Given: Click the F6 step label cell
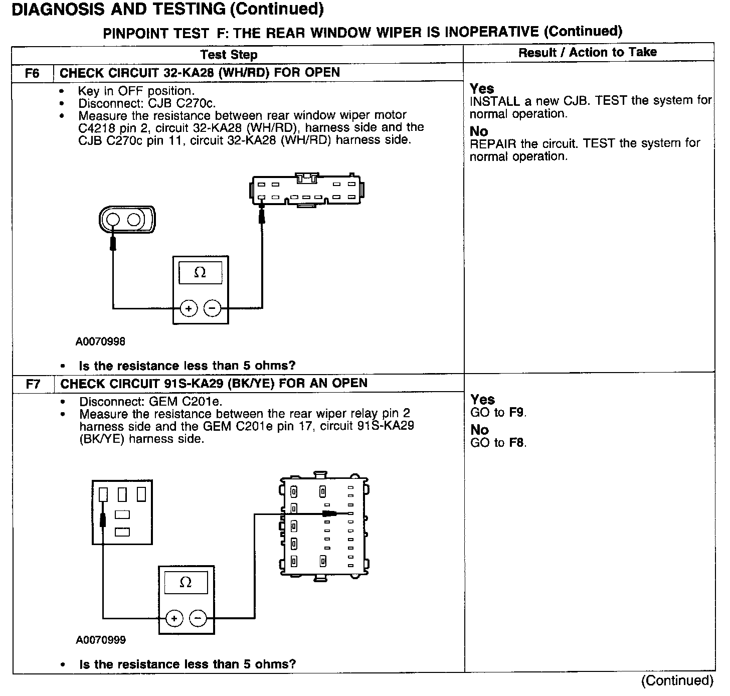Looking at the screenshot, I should [32, 73].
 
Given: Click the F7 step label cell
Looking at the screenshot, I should [33, 385].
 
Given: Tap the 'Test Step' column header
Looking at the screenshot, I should [229, 55].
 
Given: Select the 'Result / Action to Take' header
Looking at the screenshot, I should [587, 52].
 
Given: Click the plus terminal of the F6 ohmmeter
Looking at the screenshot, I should [189, 308].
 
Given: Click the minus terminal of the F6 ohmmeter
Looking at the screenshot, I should [213, 308].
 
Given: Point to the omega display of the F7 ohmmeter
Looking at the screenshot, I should [186, 583].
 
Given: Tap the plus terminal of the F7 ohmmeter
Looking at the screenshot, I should [174, 618].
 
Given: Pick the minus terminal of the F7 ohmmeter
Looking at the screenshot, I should [198, 618].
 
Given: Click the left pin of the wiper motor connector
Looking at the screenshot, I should [113, 220].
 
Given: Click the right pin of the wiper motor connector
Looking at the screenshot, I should [134, 220].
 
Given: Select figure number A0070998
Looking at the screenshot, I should [100, 342].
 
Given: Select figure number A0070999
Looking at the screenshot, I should [101, 640].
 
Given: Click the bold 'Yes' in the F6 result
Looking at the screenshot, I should [482, 89].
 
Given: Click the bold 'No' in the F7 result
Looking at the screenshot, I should [479, 430].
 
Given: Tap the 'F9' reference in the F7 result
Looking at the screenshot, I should [517, 413].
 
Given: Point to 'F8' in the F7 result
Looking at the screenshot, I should [517, 443].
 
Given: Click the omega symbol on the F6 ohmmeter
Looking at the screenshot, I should [200, 273].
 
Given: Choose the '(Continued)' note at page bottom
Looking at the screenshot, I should [677, 680].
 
